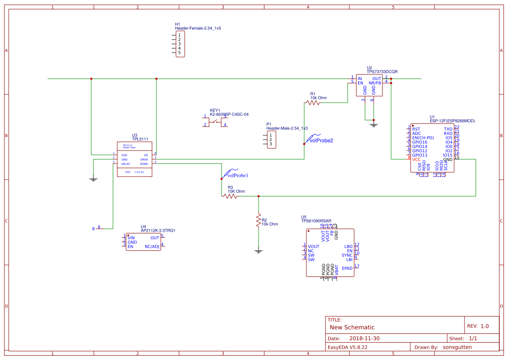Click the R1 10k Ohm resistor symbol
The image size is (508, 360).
(312, 103)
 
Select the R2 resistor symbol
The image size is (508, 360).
(259, 220)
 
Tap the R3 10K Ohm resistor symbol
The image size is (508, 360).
(230, 197)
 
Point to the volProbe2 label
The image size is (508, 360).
(321, 140)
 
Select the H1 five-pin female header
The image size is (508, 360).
(179, 44)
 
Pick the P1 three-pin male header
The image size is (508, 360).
(271, 140)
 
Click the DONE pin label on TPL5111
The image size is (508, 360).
(144, 164)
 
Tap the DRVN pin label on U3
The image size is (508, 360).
(144, 160)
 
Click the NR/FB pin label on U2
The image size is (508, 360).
(375, 83)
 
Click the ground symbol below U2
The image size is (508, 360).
(373, 125)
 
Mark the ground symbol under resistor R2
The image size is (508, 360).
(259, 251)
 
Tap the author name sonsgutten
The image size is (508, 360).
(457, 347)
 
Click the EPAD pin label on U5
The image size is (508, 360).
(347, 268)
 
